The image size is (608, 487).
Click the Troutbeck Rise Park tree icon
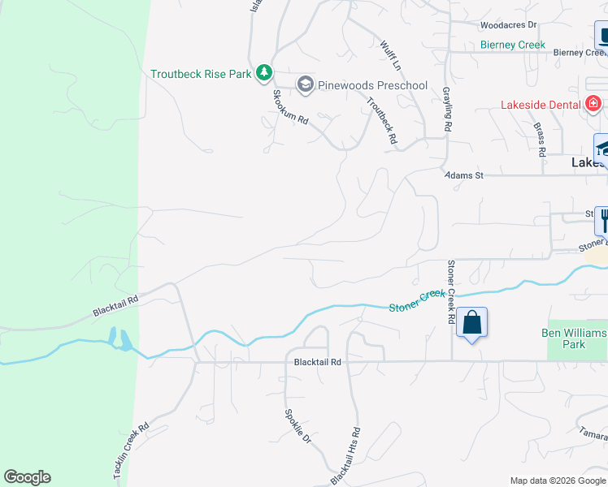tap(263, 73)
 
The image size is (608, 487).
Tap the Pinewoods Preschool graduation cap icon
tap(305, 84)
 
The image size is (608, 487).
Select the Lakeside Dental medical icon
tap(593, 104)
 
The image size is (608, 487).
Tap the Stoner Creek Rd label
tap(450, 292)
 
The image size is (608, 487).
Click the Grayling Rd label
tap(446, 110)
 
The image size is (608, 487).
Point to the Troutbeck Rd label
tap(382, 121)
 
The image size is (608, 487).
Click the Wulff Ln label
tap(391, 54)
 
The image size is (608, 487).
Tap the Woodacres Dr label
tap(509, 26)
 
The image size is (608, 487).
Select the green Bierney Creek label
tap(513, 45)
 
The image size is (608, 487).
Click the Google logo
tap(27, 477)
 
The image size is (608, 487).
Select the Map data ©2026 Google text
tap(557, 481)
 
